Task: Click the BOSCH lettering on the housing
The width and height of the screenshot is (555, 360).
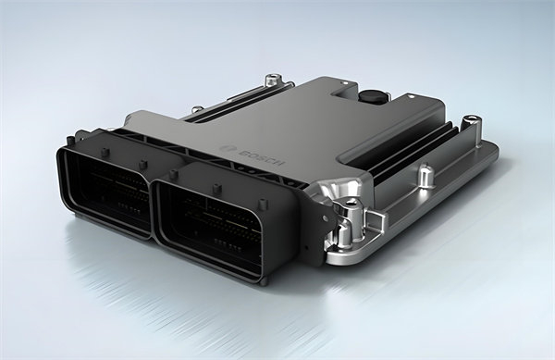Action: [262, 158]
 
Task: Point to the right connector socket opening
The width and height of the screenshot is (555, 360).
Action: [214, 227]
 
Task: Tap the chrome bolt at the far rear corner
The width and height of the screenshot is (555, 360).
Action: [273, 80]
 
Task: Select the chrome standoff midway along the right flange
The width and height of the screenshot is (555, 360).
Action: [425, 176]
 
